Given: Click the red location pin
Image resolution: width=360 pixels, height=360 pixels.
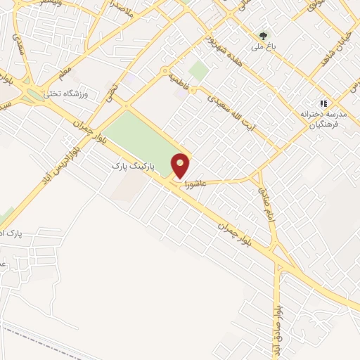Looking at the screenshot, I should [181, 165].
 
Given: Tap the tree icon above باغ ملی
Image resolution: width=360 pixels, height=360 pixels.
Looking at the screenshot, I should [264, 35].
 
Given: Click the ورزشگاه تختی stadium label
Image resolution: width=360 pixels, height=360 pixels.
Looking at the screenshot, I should [64, 94].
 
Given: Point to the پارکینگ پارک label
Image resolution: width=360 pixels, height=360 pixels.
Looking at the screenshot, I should [141, 167].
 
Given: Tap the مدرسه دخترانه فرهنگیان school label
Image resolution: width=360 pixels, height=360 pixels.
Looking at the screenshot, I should [320, 117].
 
